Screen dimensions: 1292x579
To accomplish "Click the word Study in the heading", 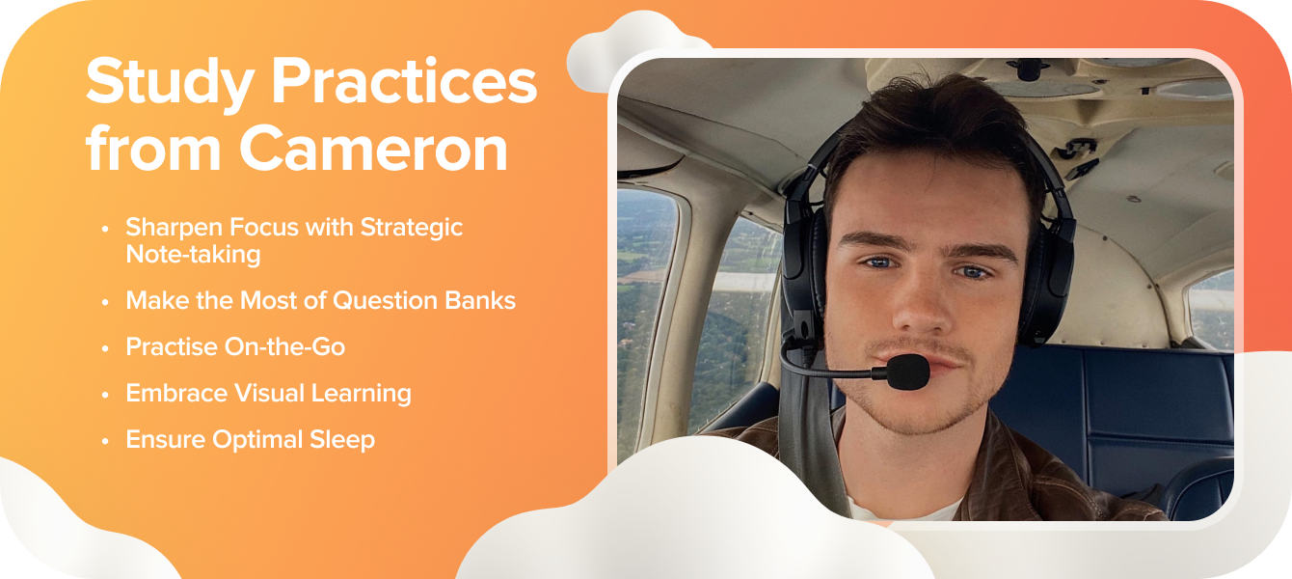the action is (x=170, y=84).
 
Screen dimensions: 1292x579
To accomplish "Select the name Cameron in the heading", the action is (x=373, y=148).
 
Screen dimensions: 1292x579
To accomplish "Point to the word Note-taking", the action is (x=193, y=254).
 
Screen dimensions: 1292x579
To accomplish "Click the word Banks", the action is (x=480, y=300).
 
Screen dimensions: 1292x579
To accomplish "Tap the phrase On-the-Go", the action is (x=284, y=346).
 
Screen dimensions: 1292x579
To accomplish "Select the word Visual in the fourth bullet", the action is (x=269, y=393).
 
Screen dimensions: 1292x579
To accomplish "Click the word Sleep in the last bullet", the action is (x=342, y=440).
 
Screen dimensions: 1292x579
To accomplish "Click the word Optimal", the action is (x=257, y=440).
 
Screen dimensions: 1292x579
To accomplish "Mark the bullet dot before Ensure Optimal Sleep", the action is (x=105, y=441).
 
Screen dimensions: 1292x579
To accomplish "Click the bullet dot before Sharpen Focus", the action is (x=105, y=229).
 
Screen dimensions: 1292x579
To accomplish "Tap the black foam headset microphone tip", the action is (x=908, y=372).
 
